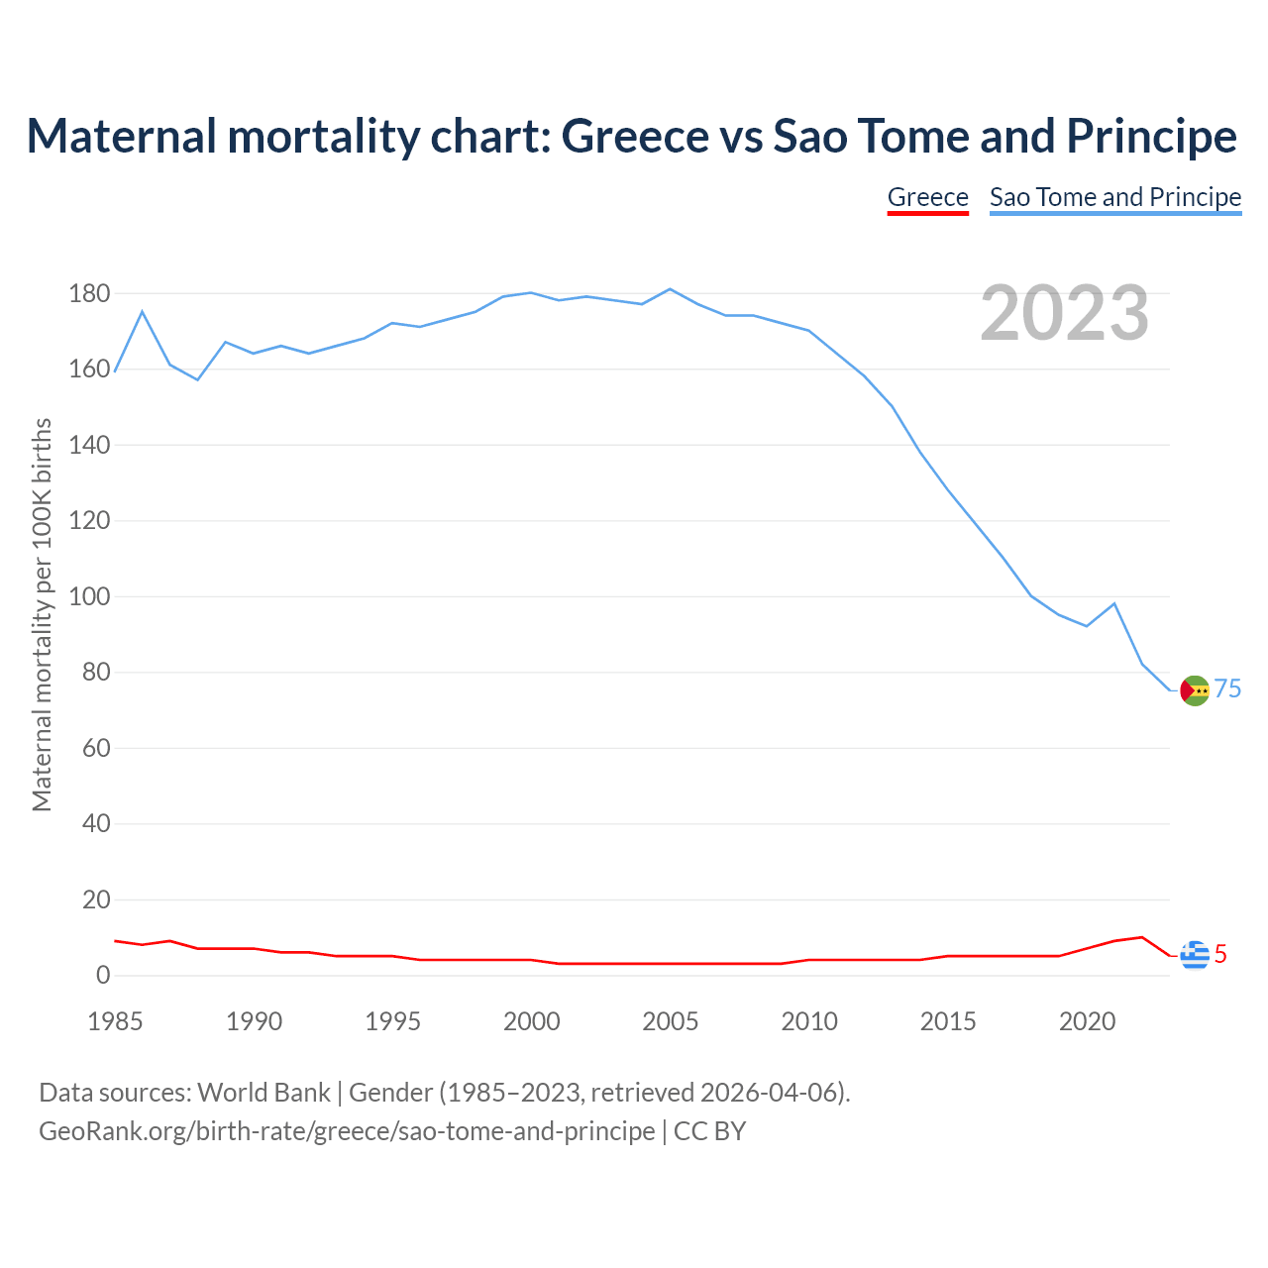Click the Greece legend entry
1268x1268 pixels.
click(927, 197)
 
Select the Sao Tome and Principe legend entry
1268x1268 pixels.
click(1115, 197)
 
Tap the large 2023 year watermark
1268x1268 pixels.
click(1064, 313)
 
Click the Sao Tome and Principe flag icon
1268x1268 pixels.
click(1196, 690)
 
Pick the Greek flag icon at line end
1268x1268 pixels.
click(1195, 955)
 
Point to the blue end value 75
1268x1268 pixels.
click(1228, 689)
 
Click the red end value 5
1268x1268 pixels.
click(1220, 954)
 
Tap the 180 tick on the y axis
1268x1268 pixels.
click(89, 294)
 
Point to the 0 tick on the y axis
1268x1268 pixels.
click(103, 976)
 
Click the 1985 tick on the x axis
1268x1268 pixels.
click(115, 1021)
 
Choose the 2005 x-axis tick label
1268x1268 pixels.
click(671, 1021)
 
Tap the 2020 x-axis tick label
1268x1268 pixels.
click(1087, 1021)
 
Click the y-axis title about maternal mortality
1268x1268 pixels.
click(42, 614)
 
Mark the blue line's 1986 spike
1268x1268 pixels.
click(142, 312)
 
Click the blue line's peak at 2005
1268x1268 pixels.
click(671, 289)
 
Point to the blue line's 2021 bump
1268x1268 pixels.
click(1114, 603)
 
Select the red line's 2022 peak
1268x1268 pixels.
click(1142, 937)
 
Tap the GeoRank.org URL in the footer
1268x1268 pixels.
click(347, 1131)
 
